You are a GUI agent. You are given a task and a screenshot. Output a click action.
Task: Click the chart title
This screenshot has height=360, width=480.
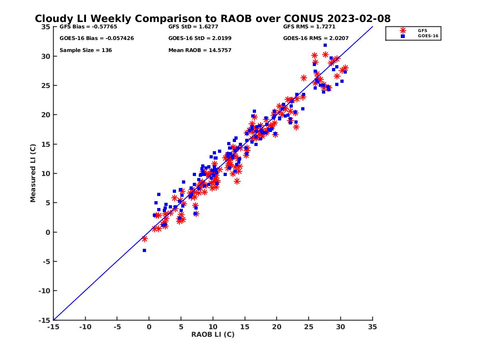tap(212, 18)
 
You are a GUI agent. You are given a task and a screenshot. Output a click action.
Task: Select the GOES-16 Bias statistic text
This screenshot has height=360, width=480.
tap(96, 38)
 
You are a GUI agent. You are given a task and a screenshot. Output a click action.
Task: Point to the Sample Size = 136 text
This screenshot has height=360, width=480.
tap(86, 50)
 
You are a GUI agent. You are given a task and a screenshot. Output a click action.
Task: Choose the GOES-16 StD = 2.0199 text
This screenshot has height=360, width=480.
tap(200, 38)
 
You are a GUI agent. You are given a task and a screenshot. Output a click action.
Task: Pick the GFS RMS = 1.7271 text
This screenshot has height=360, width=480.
tap(309, 27)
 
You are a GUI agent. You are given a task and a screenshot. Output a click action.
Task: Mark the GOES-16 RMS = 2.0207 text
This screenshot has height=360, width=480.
tap(316, 38)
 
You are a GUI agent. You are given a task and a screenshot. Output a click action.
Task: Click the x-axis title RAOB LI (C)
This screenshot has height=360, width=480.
tap(213, 334)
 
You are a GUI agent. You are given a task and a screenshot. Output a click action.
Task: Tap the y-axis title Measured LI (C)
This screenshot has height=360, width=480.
tap(33, 173)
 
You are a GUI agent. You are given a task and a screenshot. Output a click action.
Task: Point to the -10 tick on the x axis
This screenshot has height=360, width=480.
tap(85, 327)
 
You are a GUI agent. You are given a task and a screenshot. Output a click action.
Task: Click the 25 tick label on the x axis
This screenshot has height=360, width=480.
tap(309, 327)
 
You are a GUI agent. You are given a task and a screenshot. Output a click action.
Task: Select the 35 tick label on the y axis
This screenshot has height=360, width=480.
tap(46, 27)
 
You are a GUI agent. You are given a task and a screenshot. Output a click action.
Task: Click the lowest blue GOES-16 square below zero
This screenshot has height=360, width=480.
tap(144, 250)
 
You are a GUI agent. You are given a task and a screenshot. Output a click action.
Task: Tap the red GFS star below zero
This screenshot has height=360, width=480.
tap(144, 239)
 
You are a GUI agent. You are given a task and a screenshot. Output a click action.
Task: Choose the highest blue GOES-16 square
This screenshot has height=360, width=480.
tap(325, 45)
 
